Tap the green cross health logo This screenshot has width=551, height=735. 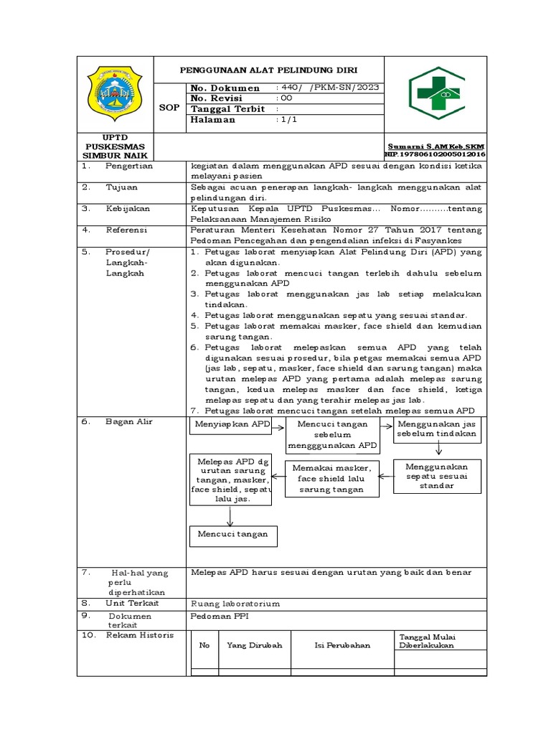[436, 93]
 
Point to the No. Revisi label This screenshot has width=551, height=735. [218, 98]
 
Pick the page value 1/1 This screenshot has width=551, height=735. [286, 120]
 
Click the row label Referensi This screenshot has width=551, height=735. [127, 230]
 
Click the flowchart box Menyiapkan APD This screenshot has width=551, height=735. [230, 425]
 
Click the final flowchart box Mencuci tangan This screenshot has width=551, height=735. [232, 534]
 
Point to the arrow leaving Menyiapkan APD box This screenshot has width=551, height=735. [278, 426]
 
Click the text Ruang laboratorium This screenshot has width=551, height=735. [235, 604]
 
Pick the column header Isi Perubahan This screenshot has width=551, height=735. [342, 645]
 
